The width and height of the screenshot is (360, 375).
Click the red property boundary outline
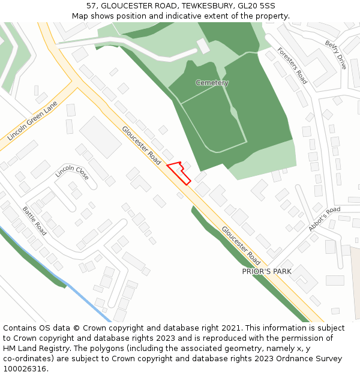click(x=179, y=172)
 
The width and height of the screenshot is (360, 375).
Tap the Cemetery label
click(x=212, y=83)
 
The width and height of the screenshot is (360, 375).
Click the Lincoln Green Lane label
click(x=32, y=121)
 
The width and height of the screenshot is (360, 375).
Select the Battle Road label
click(x=34, y=220)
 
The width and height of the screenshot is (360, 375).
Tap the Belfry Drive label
click(x=335, y=55)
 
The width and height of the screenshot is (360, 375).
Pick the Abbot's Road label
click(x=324, y=218)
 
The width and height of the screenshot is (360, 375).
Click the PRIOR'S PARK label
click(x=266, y=271)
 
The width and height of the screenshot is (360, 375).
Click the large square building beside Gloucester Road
click(x=100, y=137)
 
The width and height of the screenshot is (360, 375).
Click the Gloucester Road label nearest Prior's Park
click(x=241, y=245)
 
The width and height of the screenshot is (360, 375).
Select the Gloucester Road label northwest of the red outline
click(x=142, y=146)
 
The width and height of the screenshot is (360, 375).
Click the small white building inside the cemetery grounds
click(x=204, y=46)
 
